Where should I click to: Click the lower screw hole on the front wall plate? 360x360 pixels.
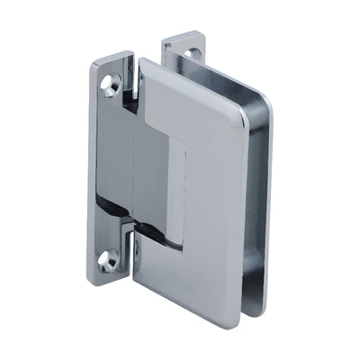(108, 261)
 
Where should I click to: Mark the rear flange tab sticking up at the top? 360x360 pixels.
(180, 49)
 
